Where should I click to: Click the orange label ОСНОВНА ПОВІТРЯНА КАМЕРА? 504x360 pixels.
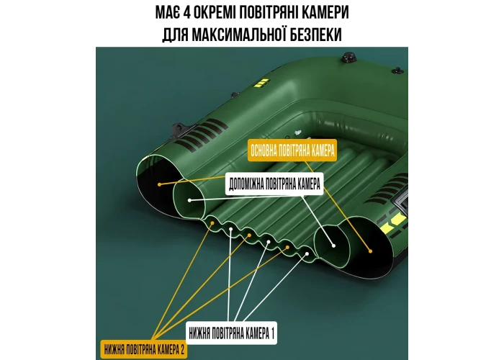(x=292, y=150)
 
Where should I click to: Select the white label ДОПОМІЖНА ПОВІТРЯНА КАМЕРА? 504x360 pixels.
(x=274, y=184)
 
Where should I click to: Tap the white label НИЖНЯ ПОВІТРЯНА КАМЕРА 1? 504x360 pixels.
(x=231, y=333)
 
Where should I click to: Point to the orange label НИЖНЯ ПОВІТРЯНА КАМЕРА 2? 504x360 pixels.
(x=144, y=349)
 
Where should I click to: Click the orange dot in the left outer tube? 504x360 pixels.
(x=159, y=184)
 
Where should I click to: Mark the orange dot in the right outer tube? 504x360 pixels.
(x=370, y=251)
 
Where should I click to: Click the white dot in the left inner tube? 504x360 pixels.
(x=189, y=200)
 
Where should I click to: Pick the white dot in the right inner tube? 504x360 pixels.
(x=333, y=246)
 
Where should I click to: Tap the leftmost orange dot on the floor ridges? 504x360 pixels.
(x=212, y=222)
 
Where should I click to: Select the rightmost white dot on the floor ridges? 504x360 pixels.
(x=307, y=254)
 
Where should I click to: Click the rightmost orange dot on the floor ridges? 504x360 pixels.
(x=288, y=247)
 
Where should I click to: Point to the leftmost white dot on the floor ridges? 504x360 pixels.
(x=231, y=229)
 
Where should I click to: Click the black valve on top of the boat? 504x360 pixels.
(x=348, y=57)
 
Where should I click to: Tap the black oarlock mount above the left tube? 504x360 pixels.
(x=179, y=130)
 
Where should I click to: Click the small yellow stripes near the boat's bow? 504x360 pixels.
(x=261, y=83)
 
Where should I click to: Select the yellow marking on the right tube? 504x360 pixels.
(x=392, y=222)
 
